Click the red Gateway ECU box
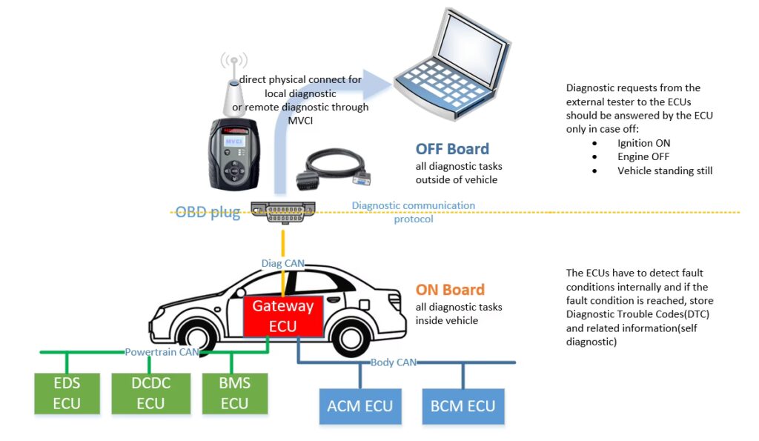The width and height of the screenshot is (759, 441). tap(283, 316)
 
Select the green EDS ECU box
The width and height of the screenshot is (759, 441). tap(67, 393)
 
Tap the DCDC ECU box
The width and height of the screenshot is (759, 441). tap(150, 393)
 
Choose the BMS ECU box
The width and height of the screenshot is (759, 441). tap(234, 393)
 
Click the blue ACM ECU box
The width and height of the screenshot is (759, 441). tap(360, 406)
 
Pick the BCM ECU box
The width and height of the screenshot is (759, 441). tap(463, 406)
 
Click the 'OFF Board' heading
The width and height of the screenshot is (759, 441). tap(452, 148)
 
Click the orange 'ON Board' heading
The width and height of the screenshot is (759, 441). tap(450, 290)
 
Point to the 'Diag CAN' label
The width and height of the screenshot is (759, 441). tap(282, 263)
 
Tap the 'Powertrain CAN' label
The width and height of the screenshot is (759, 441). tap(162, 352)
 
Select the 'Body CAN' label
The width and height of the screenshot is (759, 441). tap(393, 362)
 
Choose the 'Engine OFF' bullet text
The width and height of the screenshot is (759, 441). tap(643, 156)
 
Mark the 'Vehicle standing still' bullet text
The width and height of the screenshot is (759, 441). tap(665, 170)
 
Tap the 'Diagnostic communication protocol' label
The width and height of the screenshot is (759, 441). tap(414, 212)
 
